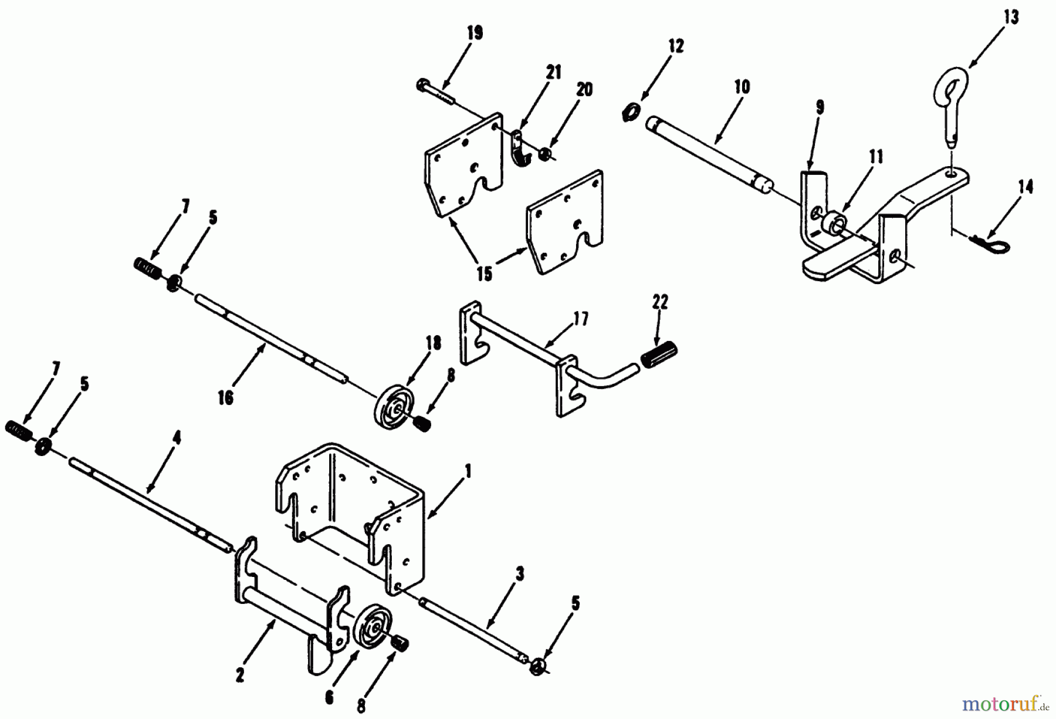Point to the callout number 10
(742, 87)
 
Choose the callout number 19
(475, 33)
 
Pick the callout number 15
(484, 274)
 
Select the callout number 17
(581, 320)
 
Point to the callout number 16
(225, 398)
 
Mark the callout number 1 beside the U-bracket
(468, 471)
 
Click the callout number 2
(240, 676)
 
